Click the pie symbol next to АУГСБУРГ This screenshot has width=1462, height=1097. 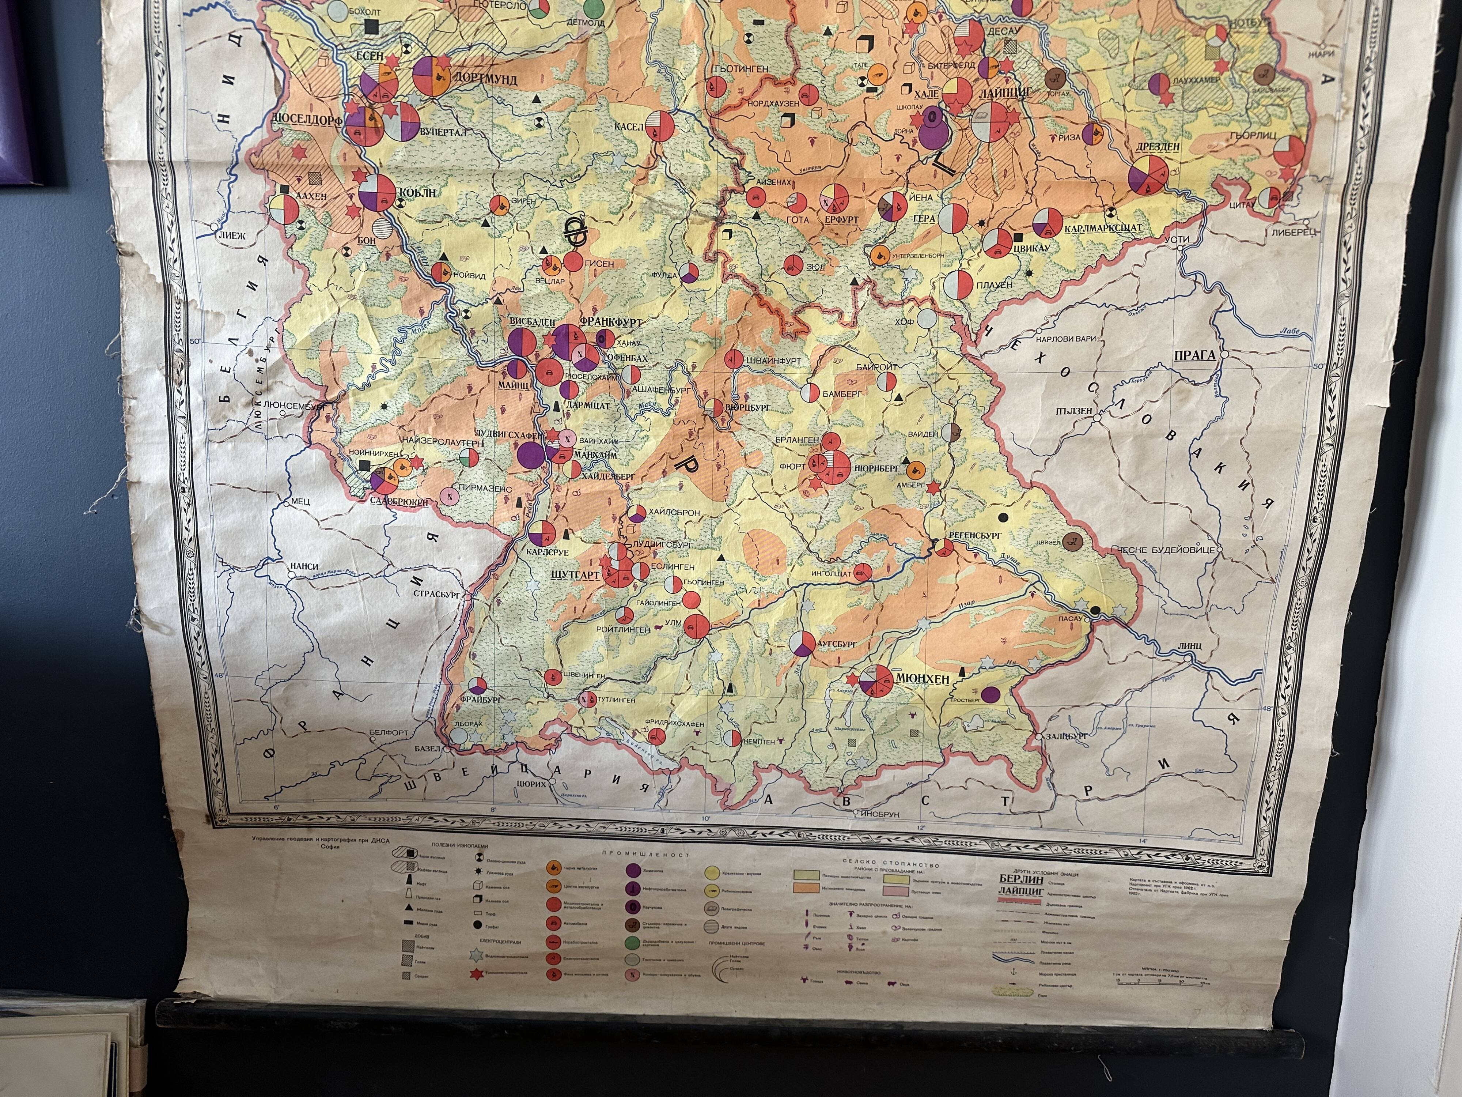point(802,643)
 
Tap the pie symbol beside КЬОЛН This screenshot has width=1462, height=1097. point(377,193)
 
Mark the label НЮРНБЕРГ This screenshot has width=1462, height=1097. point(877,467)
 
